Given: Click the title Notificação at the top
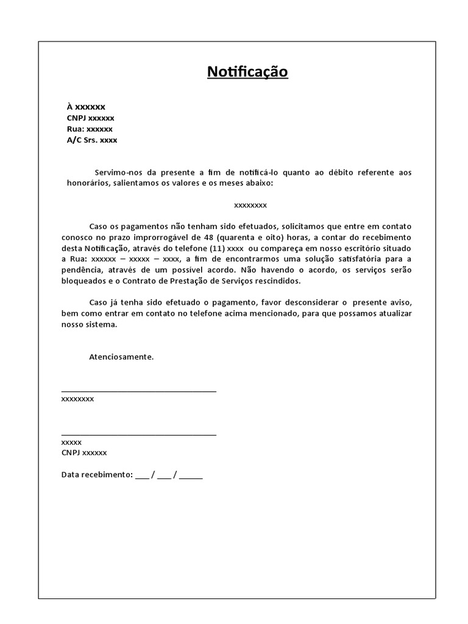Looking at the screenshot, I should tap(247, 72).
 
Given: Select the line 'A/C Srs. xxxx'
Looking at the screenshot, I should tap(91, 140).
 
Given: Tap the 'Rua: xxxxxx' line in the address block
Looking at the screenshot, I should tap(90, 129).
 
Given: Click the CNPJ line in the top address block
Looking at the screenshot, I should tap(90, 118).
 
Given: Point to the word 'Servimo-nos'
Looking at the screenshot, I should tap(117, 172).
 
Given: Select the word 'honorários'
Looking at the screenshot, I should tap(85, 183).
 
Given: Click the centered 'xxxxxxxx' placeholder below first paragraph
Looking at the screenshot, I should tap(250, 205).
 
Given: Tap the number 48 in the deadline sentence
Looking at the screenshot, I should tap(208, 237).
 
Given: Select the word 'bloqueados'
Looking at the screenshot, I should tap(83, 281).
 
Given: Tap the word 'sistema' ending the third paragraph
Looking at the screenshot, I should tap(102, 324).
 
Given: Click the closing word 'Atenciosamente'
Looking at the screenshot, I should tap(121, 356).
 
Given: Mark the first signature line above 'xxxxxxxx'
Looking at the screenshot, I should tap(139, 391).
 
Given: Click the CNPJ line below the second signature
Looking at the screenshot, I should tap(84, 453).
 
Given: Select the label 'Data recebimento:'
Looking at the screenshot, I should tap(97, 475).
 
